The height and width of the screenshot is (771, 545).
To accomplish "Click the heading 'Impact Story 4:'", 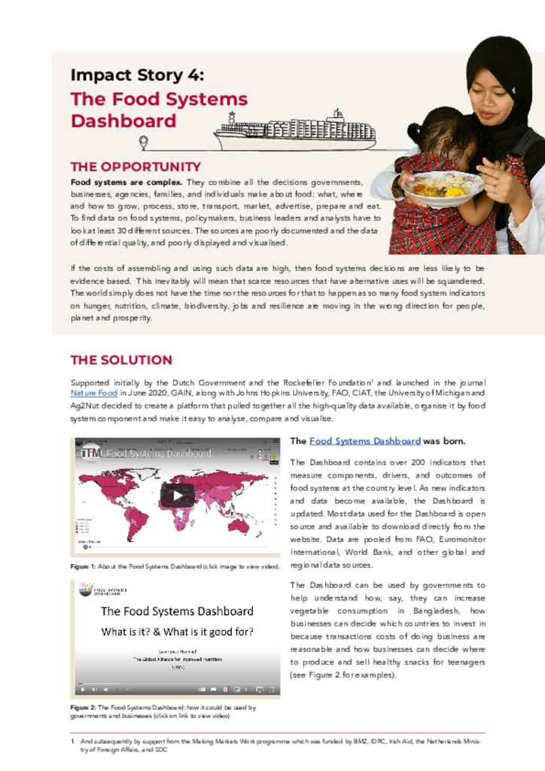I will click(136, 75).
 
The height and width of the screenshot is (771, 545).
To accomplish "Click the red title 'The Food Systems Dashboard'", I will click(159, 110).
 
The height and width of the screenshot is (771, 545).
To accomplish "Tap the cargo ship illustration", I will click(295, 131).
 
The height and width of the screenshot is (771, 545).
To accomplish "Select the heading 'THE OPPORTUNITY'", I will click(135, 166).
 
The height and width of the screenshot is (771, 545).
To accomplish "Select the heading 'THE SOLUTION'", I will click(121, 360).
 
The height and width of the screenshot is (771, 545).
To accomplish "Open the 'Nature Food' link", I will click(94, 393).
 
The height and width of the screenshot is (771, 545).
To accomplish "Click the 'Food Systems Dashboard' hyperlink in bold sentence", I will click(364, 441).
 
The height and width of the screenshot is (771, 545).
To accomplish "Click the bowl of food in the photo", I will click(443, 187).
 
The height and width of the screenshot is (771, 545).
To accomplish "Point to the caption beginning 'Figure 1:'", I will click(175, 566).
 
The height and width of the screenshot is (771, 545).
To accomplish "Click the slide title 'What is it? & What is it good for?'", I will click(178, 632).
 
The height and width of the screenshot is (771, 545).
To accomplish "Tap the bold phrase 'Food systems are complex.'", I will click(126, 182).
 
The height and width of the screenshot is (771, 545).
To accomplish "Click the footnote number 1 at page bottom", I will click(72, 741).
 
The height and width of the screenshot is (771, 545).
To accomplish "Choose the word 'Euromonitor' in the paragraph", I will click(460, 539).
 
